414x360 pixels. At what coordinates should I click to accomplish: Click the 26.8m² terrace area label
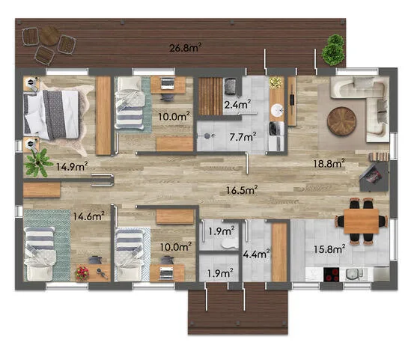[x=186, y=47]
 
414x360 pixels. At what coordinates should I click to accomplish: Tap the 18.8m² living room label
[x=329, y=163]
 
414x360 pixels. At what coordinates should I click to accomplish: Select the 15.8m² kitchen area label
[x=329, y=249]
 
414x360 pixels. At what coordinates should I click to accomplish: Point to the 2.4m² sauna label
[x=237, y=105]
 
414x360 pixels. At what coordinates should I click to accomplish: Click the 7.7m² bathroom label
[x=243, y=137]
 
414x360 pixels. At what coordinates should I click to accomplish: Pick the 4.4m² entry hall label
[x=256, y=254]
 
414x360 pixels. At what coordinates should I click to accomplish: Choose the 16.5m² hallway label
[x=242, y=190]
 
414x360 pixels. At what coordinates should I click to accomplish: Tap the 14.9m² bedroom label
[x=72, y=167]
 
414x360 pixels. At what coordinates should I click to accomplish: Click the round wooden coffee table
[x=341, y=121]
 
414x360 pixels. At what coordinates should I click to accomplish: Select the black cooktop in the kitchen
[x=332, y=275]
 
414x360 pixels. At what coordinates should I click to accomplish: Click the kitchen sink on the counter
[x=353, y=274]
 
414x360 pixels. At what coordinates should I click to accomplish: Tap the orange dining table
[x=362, y=221]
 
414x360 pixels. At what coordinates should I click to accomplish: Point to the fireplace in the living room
[x=374, y=176]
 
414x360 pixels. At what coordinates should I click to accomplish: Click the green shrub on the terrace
[x=333, y=49]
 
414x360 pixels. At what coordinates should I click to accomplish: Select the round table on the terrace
[x=49, y=35]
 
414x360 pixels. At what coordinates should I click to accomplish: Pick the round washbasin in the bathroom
[x=277, y=109]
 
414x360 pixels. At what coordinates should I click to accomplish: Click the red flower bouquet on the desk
[x=82, y=273]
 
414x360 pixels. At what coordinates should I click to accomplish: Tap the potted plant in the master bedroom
[x=37, y=163]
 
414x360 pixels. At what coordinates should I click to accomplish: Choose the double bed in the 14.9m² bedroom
[x=51, y=115]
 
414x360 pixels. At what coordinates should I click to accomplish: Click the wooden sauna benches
[x=210, y=96]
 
